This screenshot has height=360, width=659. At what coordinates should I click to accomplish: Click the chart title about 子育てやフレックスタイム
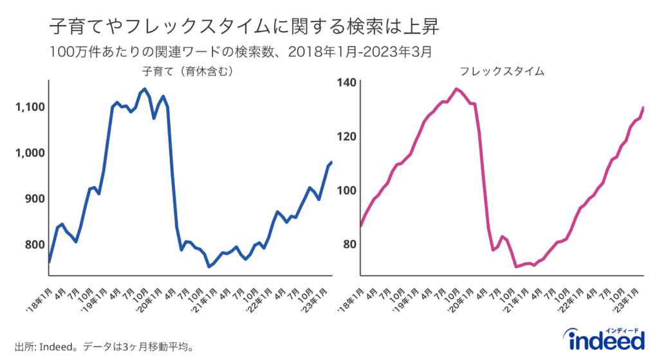click(x=245, y=26)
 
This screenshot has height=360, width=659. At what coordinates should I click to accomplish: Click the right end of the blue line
click(x=331, y=162)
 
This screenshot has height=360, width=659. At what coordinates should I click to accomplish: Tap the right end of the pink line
click(x=644, y=108)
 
